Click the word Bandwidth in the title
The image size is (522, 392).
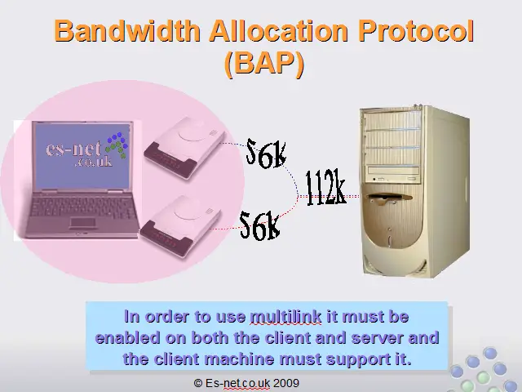[127, 31]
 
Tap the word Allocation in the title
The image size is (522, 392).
[279, 31]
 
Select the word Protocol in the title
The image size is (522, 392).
[416, 31]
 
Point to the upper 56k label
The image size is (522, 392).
[266, 154]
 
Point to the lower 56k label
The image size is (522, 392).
[259, 225]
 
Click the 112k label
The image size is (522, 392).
[325, 187]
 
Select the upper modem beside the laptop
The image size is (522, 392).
[184, 147]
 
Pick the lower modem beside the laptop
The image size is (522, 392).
[180, 225]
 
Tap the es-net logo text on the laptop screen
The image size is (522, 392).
[80, 154]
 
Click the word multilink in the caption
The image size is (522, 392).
[285, 316]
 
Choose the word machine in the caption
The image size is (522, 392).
[239, 359]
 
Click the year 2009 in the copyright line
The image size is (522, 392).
[286, 383]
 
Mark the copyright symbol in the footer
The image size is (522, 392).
[198, 383]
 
